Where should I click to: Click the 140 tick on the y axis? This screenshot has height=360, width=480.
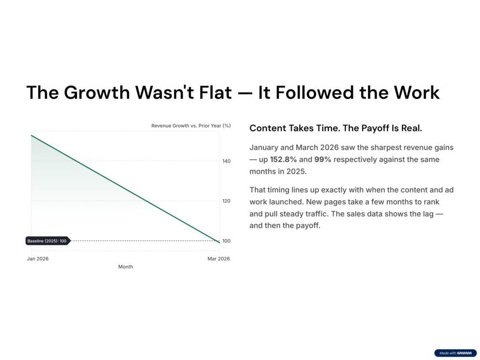(226, 161)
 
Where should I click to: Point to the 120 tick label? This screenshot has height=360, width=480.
(226, 201)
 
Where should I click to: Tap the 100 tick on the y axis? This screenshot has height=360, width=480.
(226, 241)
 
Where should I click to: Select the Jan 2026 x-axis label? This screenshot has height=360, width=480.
(37, 259)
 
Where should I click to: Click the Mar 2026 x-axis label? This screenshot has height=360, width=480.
(218, 259)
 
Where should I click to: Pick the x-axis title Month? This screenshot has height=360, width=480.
(126, 267)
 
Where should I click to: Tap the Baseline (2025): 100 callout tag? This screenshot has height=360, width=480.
(48, 241)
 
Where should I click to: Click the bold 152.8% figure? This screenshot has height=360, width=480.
(283, 159)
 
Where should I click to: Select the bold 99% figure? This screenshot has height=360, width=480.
(322, 159)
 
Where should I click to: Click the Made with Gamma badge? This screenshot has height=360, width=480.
(456, 353)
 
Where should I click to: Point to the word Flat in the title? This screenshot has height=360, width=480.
(215, 92)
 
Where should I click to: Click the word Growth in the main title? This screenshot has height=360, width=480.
(97, 92)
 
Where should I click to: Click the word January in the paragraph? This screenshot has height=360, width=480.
(264, 148)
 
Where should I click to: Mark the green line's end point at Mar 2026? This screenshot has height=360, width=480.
(219, 242)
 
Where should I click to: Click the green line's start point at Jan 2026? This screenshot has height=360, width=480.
(31, 135)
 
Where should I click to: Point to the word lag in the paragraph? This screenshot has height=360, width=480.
(428, 214)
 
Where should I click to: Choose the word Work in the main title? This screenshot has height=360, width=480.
(417, 92)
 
